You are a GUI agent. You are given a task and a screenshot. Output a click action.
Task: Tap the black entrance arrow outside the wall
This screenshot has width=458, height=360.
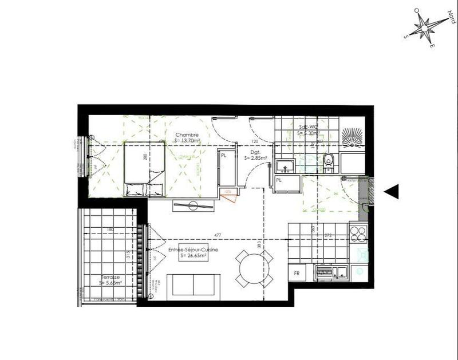[392, 192]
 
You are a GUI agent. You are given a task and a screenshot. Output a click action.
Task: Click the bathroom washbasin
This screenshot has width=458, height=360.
[285, 167]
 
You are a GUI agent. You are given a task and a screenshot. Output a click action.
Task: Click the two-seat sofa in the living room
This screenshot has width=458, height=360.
[194, 284]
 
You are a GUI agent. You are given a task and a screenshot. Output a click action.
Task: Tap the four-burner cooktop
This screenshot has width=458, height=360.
[358, 234]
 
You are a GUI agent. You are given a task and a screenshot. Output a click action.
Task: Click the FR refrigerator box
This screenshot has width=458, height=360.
[297, 274]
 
